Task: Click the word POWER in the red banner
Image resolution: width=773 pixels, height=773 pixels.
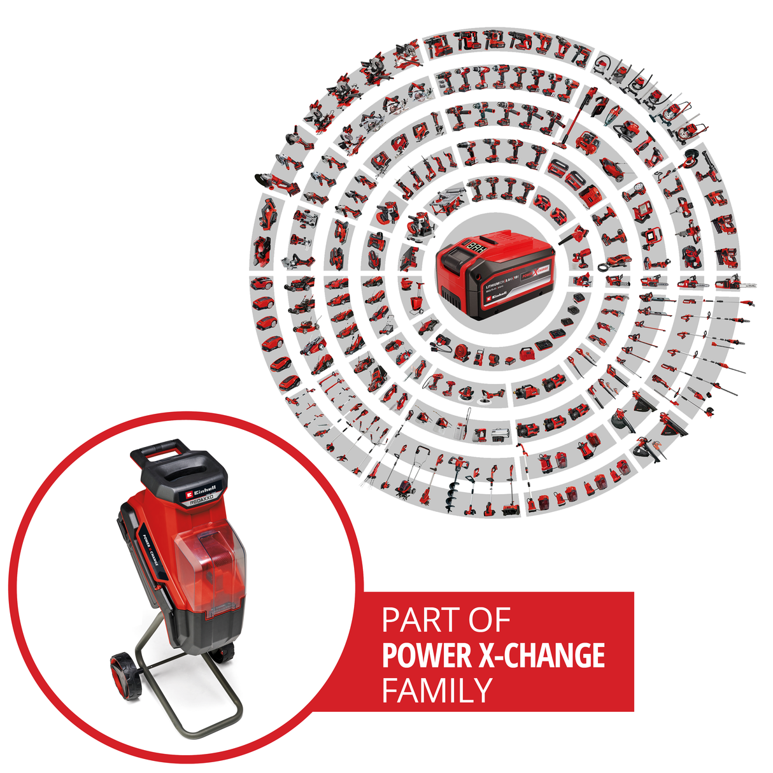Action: point(427,656)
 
